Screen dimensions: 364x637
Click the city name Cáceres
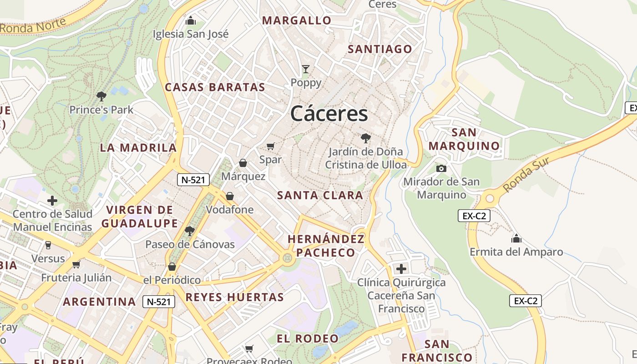(329, 113)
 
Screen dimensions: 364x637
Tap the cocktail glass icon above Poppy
(306, 69)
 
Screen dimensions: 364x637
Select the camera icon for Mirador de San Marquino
(441, 168)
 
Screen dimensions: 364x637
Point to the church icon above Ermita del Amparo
(516, 238)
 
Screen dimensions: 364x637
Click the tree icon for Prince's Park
(101, 96)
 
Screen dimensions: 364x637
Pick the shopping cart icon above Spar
(271, 146)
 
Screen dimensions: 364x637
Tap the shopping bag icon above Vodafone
(230, 196)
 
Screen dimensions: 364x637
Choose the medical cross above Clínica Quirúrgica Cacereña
(401, 268)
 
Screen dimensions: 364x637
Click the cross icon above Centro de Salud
(52, 200)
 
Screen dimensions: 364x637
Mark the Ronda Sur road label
(527, 174)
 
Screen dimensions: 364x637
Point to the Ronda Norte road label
(33, 25)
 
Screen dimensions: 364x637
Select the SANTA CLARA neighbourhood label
(320, 196)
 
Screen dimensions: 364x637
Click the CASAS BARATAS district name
(215, 87)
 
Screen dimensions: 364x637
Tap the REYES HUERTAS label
(235, 298)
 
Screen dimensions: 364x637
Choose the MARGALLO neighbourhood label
(297, 20)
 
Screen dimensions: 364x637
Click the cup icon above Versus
(48, 245)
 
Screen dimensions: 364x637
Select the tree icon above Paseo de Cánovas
(190, 231)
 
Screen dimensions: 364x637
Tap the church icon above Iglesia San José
(191, 20)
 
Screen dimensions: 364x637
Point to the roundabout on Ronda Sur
(490, 198)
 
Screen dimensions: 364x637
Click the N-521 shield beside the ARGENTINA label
(159, 301)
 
